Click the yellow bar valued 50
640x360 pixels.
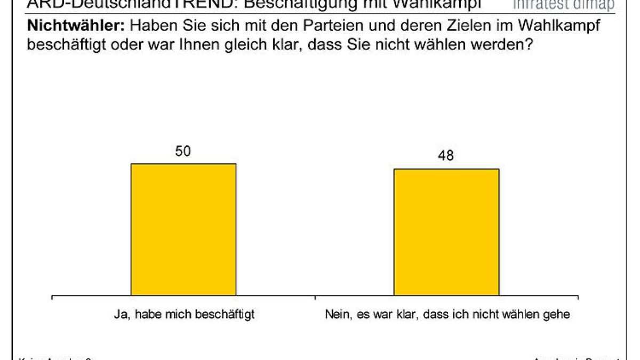(x=183, y=229)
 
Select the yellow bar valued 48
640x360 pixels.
(x=446, y=232)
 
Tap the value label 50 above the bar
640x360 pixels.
(x=183, y=151)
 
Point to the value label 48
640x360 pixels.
(x=446, y=156)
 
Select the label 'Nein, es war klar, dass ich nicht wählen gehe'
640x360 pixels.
(x=447, y=315)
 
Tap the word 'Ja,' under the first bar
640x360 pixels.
(x=122, y=315)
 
